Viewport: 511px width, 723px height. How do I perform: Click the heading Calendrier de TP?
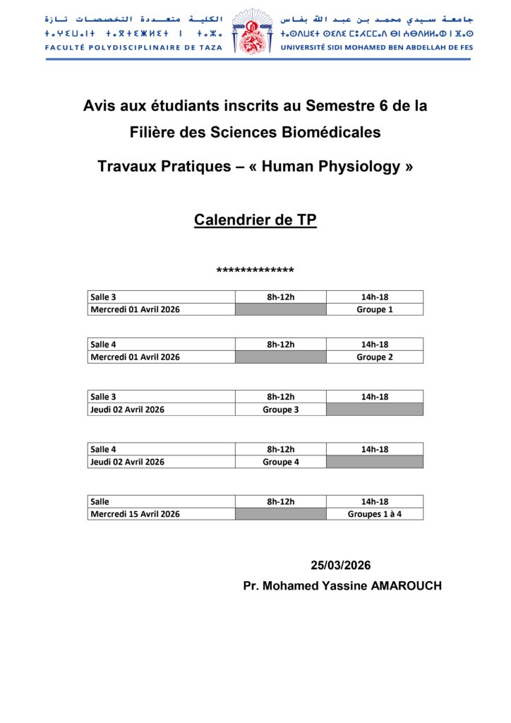coord(255,220)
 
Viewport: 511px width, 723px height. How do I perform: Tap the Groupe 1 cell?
coord(375,309)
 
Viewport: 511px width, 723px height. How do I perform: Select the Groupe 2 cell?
coord(375,357)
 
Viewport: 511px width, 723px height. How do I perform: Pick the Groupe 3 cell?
coord(280,410)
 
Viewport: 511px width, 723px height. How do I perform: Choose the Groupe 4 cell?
coord(280,462)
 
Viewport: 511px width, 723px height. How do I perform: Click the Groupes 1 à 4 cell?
coord(375,514)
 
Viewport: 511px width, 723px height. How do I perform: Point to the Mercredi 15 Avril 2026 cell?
coord(135,514)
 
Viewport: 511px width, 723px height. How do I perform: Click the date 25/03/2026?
coord(341,565)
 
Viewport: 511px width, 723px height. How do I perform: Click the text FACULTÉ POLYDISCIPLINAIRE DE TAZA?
coord(133,48)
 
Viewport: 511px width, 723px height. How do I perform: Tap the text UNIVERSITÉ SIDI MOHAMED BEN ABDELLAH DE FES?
coord(377,48)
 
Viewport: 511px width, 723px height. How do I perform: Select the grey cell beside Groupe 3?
coord(375,410)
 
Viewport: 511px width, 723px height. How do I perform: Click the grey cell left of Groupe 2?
coord(280,357)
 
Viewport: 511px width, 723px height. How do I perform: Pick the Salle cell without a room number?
coord(161,501)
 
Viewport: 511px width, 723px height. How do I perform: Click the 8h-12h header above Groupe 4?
coord(280,449)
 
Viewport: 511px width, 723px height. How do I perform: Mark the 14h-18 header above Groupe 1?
coord(375,297)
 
